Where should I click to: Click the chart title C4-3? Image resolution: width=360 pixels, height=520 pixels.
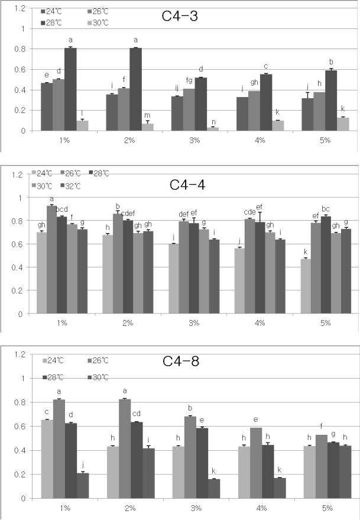pos(180,16)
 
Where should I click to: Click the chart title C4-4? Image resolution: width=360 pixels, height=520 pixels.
pos(187,185)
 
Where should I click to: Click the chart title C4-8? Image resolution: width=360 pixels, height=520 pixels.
pos(181,361)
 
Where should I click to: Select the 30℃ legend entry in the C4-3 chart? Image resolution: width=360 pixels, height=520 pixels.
pos(98,23)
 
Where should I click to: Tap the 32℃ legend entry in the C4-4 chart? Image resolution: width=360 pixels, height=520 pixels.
pos(70,186)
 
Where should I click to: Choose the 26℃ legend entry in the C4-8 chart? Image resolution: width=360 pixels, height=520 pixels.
pos(98,360)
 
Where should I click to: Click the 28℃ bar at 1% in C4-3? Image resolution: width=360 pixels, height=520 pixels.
pos(70,89)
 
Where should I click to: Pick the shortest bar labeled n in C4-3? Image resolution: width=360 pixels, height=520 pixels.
pos(213,129)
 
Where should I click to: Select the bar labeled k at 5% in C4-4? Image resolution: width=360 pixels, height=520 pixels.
pos(306,286)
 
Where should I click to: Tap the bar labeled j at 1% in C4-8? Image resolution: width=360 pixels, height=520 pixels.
pos(83,486)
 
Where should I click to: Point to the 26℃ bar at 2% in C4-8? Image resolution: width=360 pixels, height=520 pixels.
pos(125,448)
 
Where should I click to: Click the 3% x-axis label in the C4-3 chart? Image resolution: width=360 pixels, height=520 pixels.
pos(194,140)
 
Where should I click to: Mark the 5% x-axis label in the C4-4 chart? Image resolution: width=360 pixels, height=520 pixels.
pos(326,322)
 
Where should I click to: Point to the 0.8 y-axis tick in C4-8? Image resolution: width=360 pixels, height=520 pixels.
pos(21,402)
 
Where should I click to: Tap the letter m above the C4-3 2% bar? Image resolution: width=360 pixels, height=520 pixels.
pos(147,115)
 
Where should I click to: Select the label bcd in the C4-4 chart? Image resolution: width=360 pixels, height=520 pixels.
pos(61,209)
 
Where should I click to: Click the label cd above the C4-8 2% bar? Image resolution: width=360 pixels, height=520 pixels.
pos(137,414)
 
